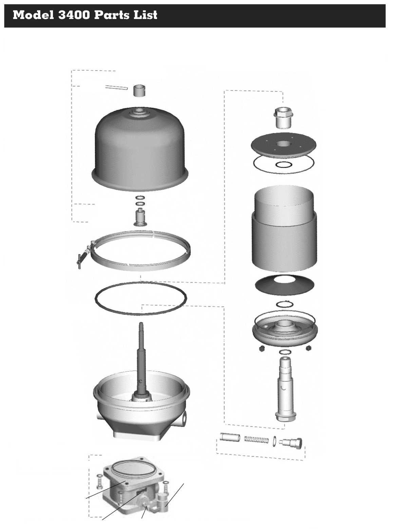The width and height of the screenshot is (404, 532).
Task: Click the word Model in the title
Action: pos(33,15)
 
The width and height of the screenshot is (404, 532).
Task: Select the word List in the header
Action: pos(146,15)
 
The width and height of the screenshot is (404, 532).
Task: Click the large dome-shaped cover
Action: pos(140,149)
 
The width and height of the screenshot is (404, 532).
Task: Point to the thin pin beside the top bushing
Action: pos(116,87)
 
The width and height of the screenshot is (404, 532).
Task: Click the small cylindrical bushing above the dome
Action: pos(139,91)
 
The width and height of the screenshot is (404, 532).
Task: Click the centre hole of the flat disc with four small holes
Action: pos(283,144)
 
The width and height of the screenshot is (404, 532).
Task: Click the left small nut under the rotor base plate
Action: pos(261,348)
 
